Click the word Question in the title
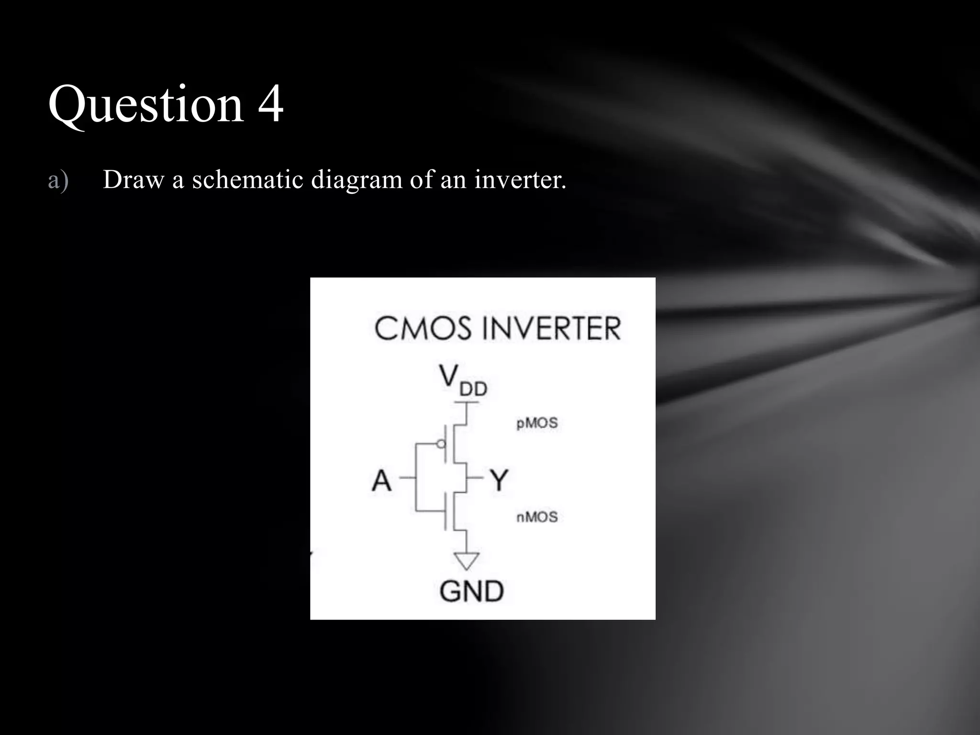click(x=146, y=104)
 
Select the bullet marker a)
click(x=58, y=180)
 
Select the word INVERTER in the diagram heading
click(x=551, y=329)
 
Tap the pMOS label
click(x=537, y=423)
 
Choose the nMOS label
click(x=537, y=517)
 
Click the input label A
click(x=381, y=480)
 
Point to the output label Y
click(x=499, y=480)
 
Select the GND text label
click(x=471, y=591)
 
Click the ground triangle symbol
click(x=466, y=560)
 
